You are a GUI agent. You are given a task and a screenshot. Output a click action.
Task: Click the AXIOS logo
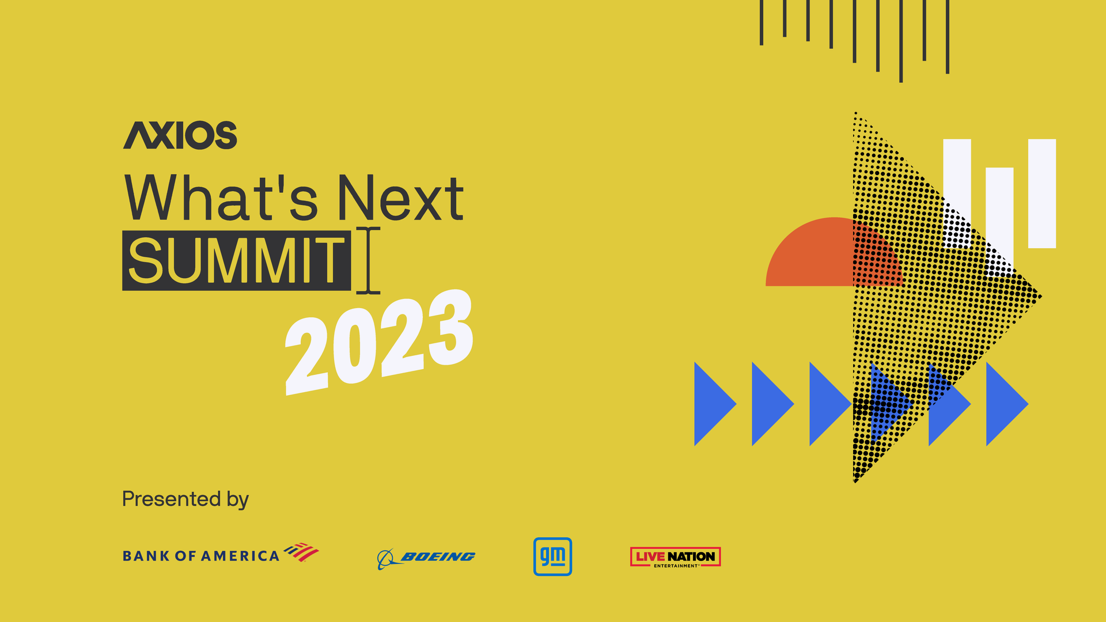(x=180, y=135)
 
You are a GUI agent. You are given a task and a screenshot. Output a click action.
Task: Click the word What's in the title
(x=221, y=199)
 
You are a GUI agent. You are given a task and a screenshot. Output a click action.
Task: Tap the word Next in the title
(x=400, y=199)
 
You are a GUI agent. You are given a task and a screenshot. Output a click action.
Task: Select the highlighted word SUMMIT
(x=236, y=261)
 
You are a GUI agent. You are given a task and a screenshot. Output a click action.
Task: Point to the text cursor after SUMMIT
(x=368, y=260)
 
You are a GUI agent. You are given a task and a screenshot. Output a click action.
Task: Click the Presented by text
(x=185, y=499)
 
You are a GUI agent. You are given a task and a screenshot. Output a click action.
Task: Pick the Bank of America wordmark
(x=200, y=556)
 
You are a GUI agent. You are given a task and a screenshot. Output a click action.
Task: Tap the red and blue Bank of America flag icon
(x=301, y=552)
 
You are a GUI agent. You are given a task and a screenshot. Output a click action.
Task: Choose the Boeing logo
(x=426, y=557)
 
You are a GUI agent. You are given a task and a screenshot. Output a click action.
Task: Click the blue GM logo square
(x=552, y=556)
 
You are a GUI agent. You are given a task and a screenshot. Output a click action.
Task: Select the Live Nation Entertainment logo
(x=675, y=557)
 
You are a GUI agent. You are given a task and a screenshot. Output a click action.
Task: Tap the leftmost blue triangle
(x=711, y=404)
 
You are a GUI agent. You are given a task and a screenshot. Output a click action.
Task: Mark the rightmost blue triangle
(x=1003, y=404)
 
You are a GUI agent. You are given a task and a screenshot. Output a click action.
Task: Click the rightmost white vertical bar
(x=1041, y=193)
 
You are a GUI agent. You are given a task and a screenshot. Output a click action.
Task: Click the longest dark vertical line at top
(x=901, y=40)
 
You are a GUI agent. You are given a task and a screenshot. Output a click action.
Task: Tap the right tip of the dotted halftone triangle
(x=1039, y=297)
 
